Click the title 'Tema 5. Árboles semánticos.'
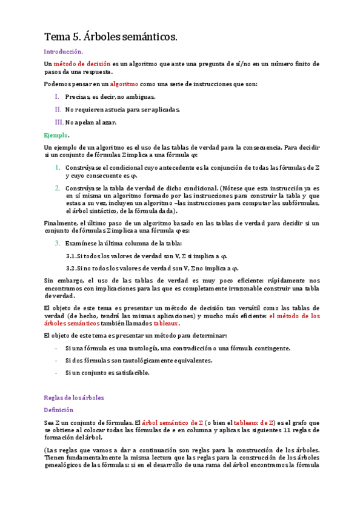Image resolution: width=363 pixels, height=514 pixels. pos(112,38)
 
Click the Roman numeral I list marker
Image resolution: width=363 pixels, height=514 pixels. pos(57,96)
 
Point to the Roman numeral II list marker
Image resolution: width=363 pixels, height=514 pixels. pos(58,109)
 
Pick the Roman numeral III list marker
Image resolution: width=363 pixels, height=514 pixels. pos(59,122)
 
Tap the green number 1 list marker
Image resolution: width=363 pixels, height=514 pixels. pos(58,167)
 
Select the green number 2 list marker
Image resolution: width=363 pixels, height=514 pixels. pos(58,188)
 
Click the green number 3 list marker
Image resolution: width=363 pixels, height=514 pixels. pos(58,243)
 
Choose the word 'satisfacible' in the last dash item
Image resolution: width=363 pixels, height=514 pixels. pos(131,372)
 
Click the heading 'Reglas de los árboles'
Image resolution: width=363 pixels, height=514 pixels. pos(75,398)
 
